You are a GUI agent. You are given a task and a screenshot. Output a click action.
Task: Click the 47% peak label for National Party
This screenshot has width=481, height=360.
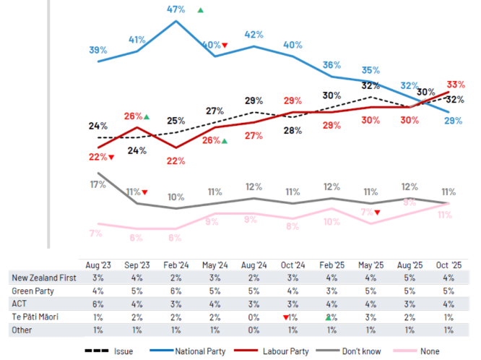point(176,9)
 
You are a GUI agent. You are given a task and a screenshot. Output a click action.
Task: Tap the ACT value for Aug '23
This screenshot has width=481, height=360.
point(98,304)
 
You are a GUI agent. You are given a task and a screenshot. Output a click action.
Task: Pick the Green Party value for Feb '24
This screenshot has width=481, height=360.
point(176,291)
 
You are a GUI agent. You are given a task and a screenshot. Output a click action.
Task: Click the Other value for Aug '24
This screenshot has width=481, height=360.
point(253,330)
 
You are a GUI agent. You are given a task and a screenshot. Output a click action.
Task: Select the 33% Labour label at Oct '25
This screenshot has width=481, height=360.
point(456,85)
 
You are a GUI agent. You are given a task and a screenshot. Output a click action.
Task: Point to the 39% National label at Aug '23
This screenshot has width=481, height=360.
point(98,50)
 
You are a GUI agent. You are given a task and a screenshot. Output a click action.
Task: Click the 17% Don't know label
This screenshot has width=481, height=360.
point(97,184)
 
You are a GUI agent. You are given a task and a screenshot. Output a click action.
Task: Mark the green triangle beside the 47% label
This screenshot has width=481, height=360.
point(200,10)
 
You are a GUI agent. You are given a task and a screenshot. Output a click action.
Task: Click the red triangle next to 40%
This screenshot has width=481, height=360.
point(225,46)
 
